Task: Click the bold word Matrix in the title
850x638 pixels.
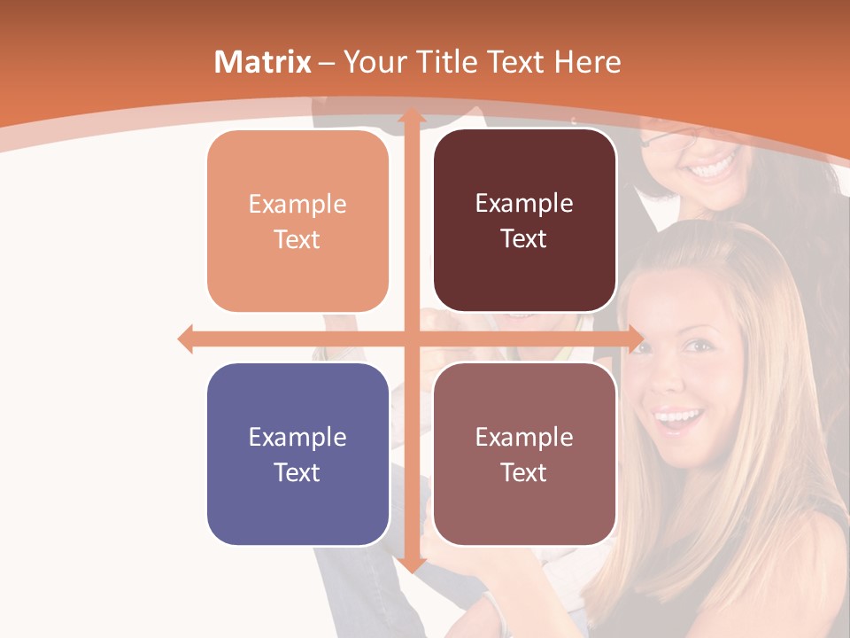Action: (263, 62)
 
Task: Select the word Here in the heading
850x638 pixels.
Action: (587, 62)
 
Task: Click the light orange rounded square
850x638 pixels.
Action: (297, 222)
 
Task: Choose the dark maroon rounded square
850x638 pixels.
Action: (524, 221)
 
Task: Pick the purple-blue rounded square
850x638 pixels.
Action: (297, 454)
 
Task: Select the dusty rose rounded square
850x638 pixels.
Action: (524, 454)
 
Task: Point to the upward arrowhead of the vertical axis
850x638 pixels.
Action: (411, 115)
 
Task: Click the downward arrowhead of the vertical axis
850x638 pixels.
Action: (411, 564)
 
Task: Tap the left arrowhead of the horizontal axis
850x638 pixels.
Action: (185, 338)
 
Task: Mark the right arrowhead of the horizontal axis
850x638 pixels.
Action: (636, 338)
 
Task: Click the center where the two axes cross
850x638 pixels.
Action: (411, 338)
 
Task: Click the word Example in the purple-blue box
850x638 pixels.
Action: (297, 437)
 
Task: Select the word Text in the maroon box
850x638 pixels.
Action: (524, 238)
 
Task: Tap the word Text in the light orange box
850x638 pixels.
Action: (297, 239)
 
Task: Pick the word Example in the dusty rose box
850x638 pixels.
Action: (524, 437)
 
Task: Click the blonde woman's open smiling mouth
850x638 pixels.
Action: (678, 417)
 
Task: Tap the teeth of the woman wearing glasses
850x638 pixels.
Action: (714, 166)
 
